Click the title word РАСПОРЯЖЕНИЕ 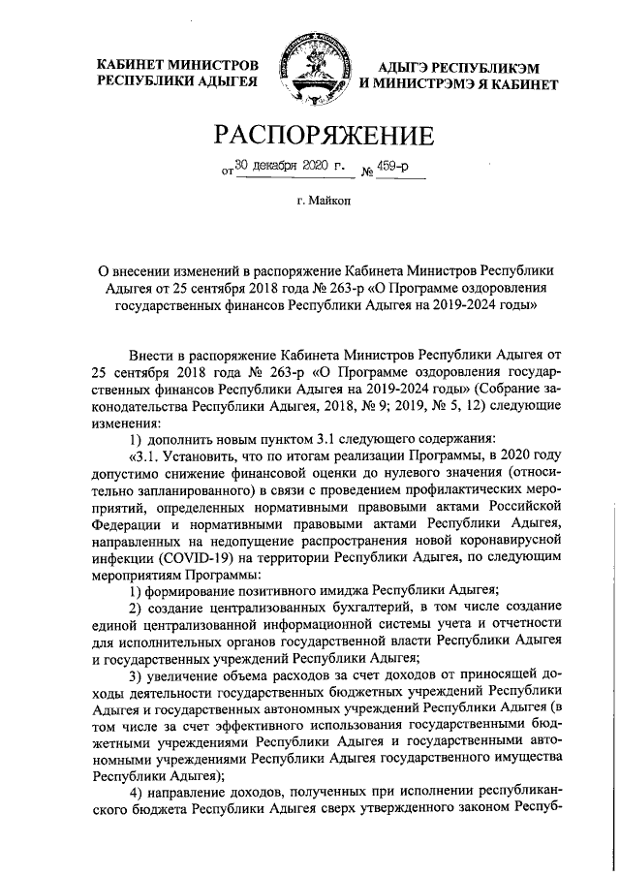tap(310, 135)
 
